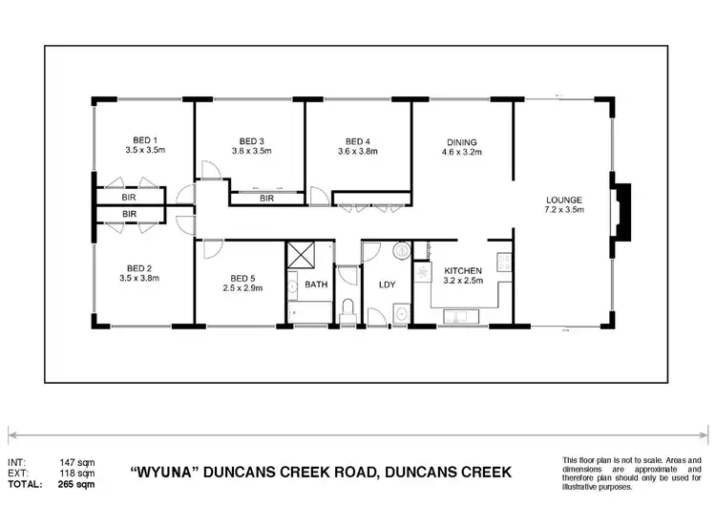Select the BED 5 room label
242,278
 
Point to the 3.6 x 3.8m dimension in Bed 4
357,151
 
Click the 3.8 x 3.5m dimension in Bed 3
251,151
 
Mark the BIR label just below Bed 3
266,199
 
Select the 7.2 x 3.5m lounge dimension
562,210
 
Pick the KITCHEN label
462,271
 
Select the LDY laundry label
387,285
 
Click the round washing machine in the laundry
401,252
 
